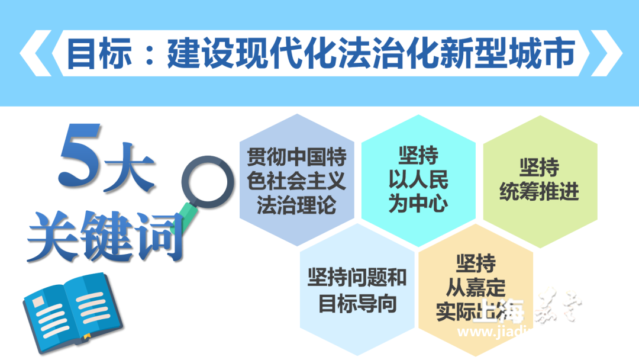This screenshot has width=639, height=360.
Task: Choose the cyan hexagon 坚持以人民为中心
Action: click(x=418, y=181)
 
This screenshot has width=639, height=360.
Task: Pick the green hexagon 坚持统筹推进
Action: click(x=539, y=181)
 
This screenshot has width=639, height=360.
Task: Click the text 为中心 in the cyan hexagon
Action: click(x=418, y=203)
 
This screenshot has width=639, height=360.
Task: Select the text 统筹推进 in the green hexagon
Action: click(x=539, y=192)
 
